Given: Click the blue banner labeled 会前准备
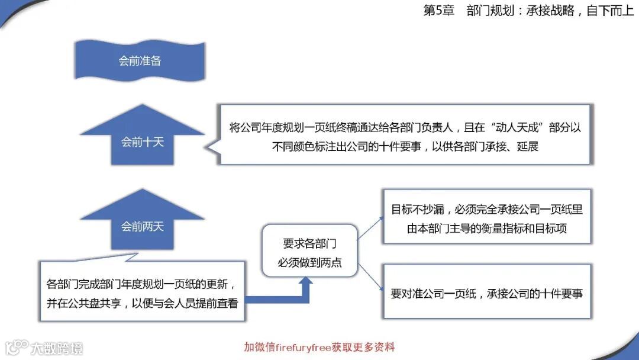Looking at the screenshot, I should click(x=140, y=61).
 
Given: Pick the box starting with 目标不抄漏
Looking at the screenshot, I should click(x=486, y=218).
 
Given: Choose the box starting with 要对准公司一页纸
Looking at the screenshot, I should click(x=486, y=293).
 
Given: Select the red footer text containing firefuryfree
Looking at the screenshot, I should click(x=319, y=347).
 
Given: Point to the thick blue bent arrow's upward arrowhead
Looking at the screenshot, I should click(x=306, y=282).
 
